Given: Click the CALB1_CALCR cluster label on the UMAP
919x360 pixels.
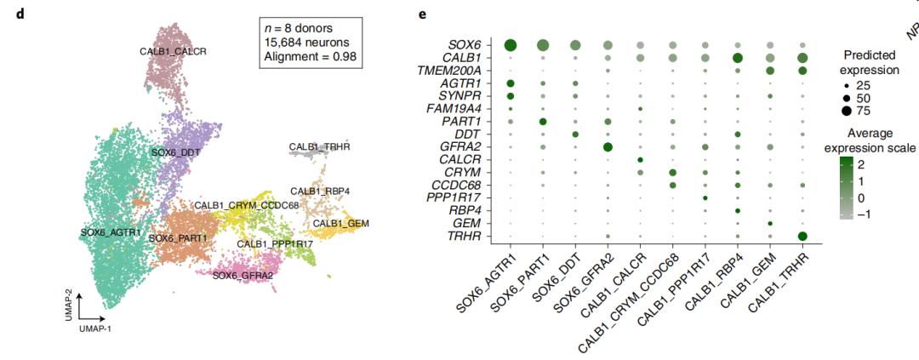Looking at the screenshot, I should [x=173, y=51].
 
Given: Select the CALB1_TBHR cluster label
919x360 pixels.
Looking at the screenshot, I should [x=319, y=147].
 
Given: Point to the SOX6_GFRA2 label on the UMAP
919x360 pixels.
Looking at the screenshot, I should [x=243, y=275].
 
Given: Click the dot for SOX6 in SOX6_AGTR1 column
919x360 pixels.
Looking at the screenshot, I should [x=511, y=45].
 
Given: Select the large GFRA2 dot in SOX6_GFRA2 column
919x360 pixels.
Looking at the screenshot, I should [x=608, y=147].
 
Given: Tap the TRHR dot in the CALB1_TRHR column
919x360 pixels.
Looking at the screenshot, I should [x=802, y=236].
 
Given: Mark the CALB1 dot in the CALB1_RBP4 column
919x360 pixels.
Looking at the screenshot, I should [x=737, y=58].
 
